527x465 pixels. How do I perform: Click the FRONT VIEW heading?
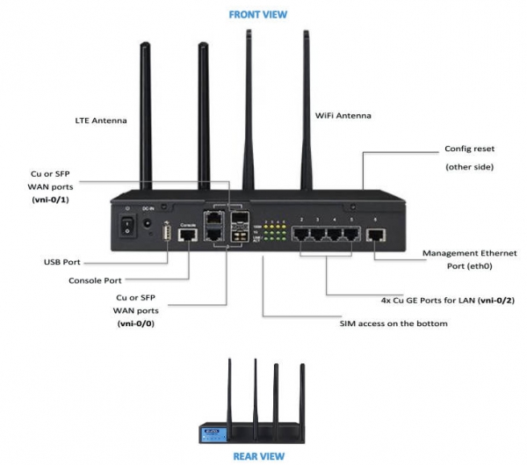tap(258, 15)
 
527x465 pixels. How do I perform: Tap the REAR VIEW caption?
tap(258, 456)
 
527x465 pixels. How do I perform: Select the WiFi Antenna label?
tap(343, 115)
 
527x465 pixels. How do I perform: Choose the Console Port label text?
tap(95, 280)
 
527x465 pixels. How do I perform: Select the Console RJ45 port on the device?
tap(187, 236)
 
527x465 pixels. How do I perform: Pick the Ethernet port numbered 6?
tap(376, 234)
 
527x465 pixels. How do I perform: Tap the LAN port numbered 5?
tap(352, 232)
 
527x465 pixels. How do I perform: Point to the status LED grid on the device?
tap(277, 229)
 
